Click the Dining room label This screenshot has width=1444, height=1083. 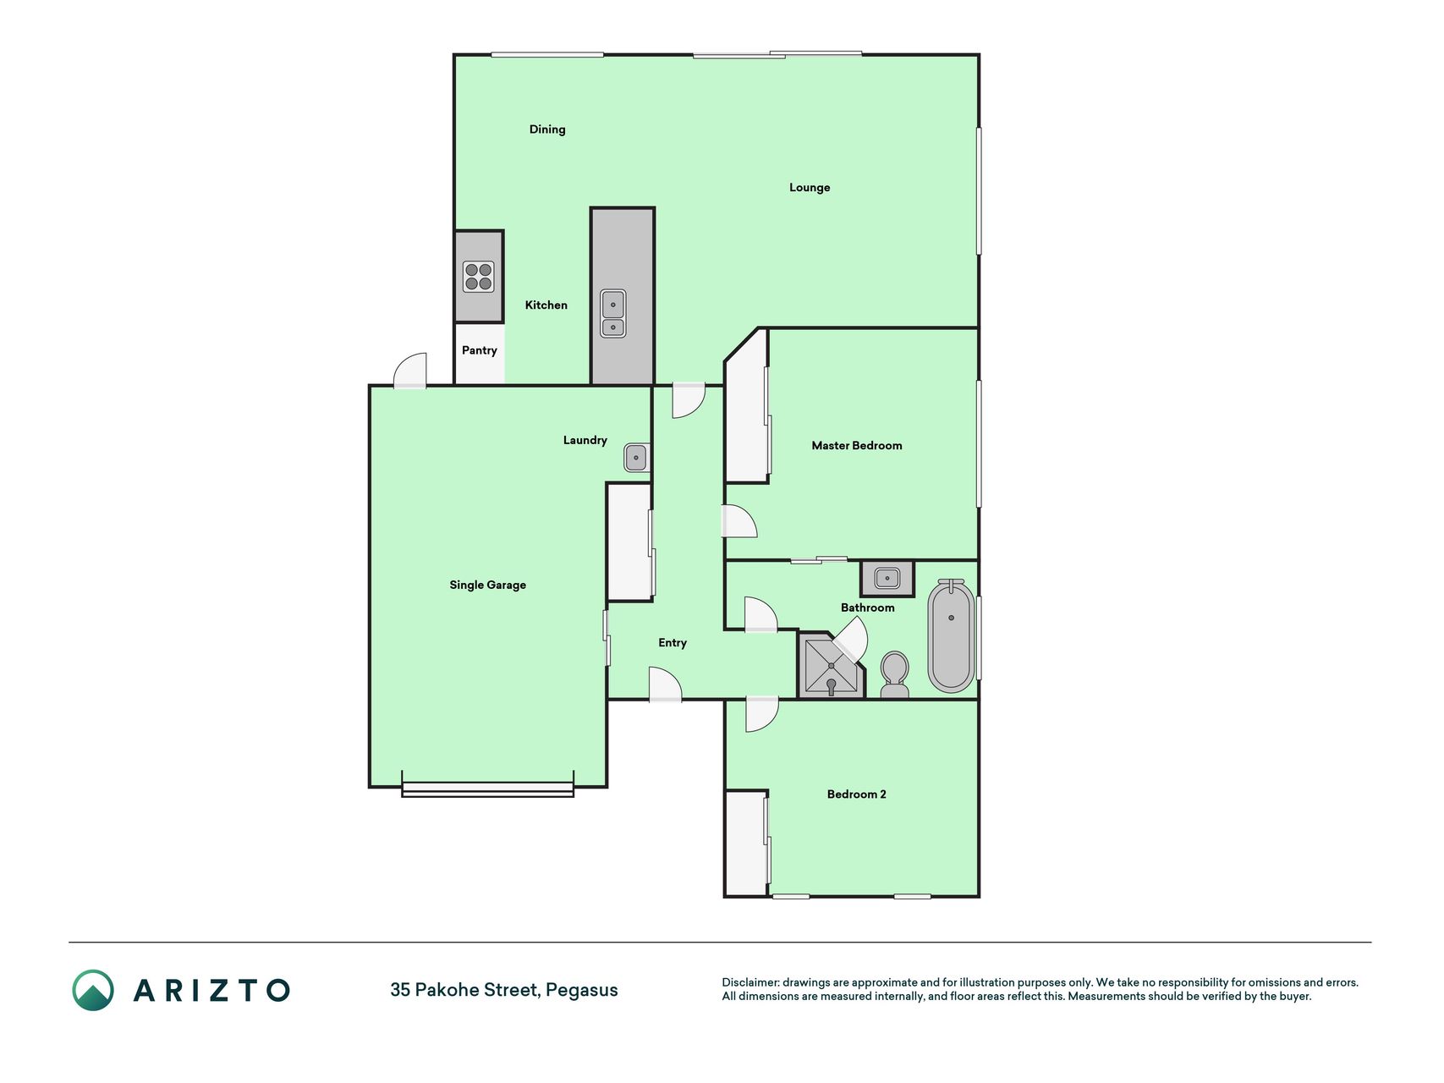pos(547,129)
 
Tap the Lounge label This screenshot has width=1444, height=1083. pos(810,188)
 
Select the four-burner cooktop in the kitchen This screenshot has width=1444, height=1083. pos(479,277)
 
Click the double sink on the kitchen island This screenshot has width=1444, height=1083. pos(613,313)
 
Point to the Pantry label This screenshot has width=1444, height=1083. pos(480,350)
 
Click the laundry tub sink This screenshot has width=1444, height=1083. pos(636,458)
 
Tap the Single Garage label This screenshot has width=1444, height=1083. pos(488,585)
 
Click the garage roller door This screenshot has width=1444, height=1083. pos(488,790)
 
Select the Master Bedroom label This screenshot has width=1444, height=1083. pos(857,446)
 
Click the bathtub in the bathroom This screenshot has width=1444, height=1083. pos(952,636)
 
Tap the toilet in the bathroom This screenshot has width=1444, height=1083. pos(894,674)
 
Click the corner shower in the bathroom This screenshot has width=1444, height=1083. pos(832,666)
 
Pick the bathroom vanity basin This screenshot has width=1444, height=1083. pos(887,579)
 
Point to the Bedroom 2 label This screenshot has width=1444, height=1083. pos(857,794)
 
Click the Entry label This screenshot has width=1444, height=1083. pos(673,643)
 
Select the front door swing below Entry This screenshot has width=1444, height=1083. pos(665,684)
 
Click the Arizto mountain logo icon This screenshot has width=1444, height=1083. pos(93,990)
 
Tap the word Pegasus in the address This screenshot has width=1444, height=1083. pos(582,990)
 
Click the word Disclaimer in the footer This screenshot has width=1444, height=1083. pos(750,983)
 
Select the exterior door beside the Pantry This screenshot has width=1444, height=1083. pos(410,371)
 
